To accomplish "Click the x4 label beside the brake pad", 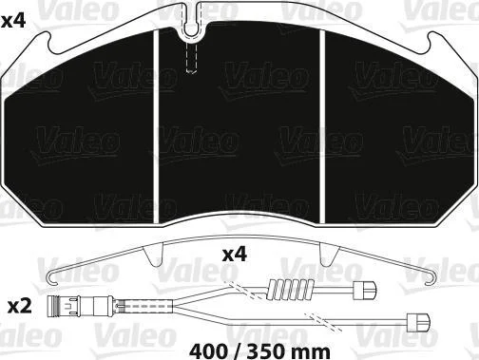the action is pyautogui.click(x=13, y=22).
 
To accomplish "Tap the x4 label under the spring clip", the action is pyautogui.click(x=234, y=255).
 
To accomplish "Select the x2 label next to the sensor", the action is pyautogui.click(x=20, y=308).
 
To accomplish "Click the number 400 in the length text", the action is pyautogui.click(x=208, y=351).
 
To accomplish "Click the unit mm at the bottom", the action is pyautogui.click(x=312, y=352).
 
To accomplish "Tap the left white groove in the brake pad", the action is pyautogui.click(x=156, y=126).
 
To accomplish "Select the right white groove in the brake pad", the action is pyautogui.click(x=322, y=126).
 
